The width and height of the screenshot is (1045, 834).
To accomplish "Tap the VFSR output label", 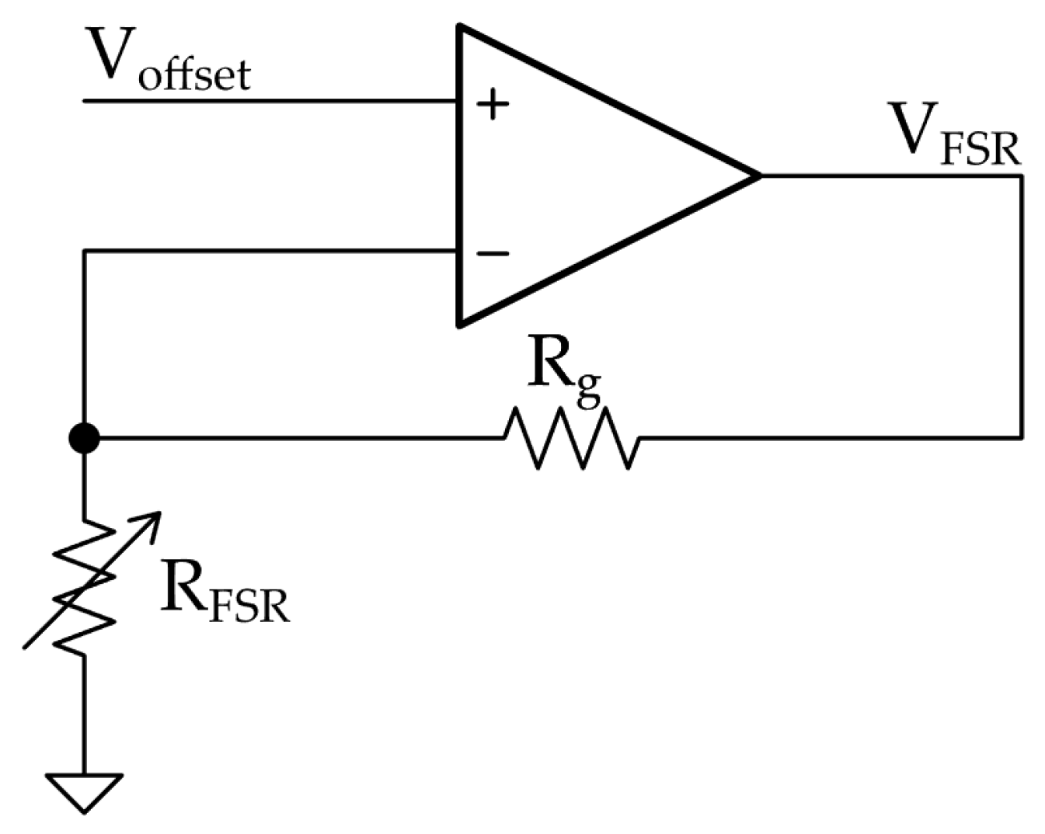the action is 955,134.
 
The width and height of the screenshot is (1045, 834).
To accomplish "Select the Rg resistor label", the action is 565,371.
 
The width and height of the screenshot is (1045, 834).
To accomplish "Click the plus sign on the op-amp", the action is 493,104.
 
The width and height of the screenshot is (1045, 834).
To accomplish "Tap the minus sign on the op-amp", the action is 493,253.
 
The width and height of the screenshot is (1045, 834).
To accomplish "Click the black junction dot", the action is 84,439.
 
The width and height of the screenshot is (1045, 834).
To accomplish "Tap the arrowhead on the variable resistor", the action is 152,521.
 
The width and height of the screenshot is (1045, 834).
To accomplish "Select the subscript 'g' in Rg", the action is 588,389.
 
